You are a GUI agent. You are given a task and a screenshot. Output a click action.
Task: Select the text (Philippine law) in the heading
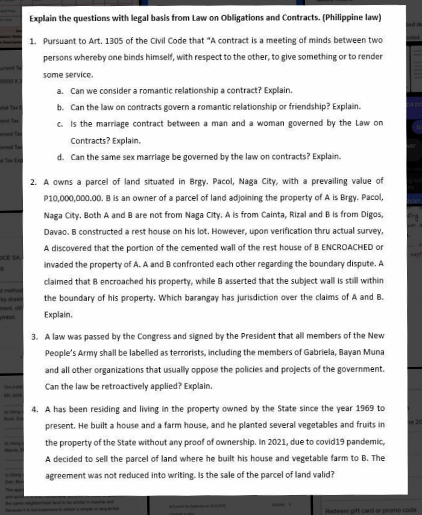coord(351,17)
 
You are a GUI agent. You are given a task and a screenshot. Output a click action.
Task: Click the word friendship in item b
coord(307,107)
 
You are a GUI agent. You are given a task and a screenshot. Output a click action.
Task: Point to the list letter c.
coord(60,123)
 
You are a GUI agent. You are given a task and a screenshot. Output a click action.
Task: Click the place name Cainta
coord(270,214)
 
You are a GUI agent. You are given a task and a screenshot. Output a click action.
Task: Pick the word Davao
coord(56,231)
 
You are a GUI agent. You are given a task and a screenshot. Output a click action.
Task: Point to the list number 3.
coord(34,336)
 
